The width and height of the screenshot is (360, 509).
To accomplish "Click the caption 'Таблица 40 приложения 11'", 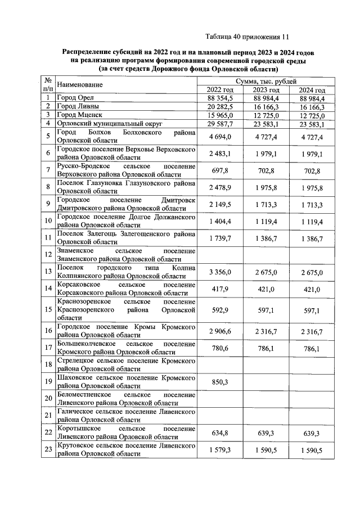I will [247, 37].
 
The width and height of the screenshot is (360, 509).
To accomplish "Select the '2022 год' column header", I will [220, 90].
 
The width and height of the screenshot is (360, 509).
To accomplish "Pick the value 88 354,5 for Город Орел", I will [220, 98].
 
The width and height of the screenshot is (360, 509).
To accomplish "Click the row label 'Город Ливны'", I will [79, 106].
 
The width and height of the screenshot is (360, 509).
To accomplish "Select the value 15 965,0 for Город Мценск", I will [220, 115].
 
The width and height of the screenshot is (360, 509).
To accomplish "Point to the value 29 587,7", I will [220, 123].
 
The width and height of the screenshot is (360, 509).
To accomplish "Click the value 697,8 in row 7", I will [220, 170].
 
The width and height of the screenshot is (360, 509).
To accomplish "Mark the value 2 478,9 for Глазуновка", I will [220, 187].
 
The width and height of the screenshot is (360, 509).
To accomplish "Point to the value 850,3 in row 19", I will [220, 382].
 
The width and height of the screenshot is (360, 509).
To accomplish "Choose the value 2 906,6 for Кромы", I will [220, 332].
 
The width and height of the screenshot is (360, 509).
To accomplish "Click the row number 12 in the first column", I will [49, 255].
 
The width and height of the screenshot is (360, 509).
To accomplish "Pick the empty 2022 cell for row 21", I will [220, 416].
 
